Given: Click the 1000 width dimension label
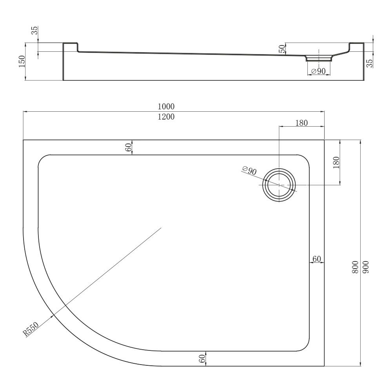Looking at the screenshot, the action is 166,107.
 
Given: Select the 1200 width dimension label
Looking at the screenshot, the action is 166,117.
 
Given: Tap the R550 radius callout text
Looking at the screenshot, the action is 31,329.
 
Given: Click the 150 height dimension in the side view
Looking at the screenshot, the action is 22,61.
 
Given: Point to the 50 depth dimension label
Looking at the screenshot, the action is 282,49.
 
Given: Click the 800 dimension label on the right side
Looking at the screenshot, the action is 355,267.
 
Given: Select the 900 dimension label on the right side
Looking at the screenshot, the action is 365,267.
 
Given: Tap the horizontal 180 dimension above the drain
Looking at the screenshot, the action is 301,123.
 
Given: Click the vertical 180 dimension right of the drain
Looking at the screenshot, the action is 336,162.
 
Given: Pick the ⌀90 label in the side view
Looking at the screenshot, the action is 318,71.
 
